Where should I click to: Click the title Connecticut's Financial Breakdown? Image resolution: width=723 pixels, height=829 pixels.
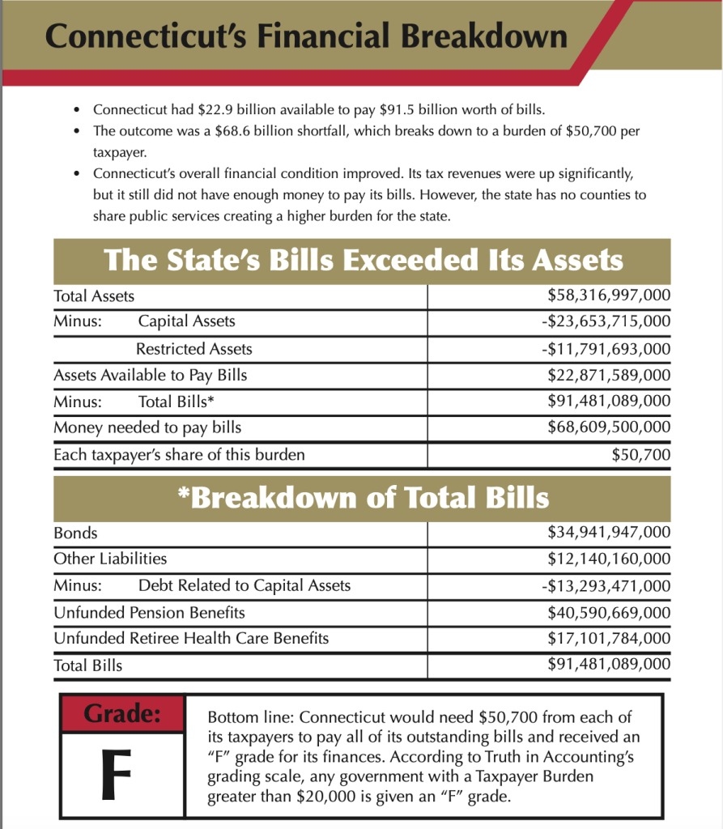click(x=306, y=38)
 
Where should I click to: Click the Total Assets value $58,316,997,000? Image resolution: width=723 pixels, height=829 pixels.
click(x=609, y=296)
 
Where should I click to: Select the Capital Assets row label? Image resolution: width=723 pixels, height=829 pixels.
click(x=186, y=321)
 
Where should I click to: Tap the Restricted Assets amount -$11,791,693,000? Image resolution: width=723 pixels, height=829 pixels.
click(x=606, y=349)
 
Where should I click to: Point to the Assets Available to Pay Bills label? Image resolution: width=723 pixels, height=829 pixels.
click(x=151, y=375)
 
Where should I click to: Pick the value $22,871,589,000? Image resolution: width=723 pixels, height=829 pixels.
click(x=609, y=375)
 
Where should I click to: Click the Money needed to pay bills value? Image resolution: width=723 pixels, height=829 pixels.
click(x=609, y=427)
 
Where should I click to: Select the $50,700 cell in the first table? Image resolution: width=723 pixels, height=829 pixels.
click(x=641, y=454)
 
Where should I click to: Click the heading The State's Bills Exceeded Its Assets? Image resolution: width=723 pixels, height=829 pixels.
click(x=363, y=261)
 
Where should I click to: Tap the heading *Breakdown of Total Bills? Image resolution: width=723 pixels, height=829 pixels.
click(x=363, y=497)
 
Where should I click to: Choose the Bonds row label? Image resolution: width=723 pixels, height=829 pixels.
click(x=75, y=533)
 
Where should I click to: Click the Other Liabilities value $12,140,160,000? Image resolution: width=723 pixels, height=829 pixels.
click(x=609, y=559)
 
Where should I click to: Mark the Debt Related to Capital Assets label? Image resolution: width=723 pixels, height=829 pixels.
click(x=245, y=585)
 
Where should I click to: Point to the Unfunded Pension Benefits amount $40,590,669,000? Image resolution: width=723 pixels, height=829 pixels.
click(x=609, y=613)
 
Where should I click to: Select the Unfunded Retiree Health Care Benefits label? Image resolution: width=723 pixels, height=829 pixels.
click(x=191, y=638)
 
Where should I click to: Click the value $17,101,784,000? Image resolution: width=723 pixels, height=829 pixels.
click(x=609, y=638)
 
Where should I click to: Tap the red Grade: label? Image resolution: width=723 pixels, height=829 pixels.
click(x=122, y=713)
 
